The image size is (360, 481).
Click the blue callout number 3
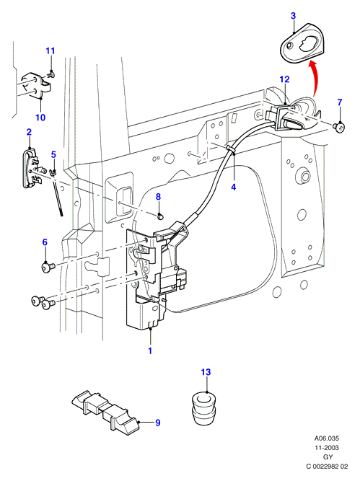click(x=293, y=16)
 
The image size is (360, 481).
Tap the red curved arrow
click(x=315, y=78)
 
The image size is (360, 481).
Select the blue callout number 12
click(x=284, y=79)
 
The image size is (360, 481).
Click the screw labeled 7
click(x=339, y=127)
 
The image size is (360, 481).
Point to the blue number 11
click(x=51, y=50)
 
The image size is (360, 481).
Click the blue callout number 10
click(x=40, y=117)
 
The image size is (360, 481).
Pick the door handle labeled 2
click(x=30, y=167)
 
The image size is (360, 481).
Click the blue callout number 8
click(x=158, y=197)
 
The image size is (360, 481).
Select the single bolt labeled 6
click(x=48, y=267)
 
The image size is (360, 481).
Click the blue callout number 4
click(x=234, y=187)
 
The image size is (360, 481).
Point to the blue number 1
click(x=150, y=350)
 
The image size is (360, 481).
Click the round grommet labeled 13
click(x=203, y=408)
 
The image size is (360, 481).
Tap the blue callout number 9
click(x=158, y=423)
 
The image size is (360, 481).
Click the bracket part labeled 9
click(x=105, y=411)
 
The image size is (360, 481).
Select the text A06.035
click(x=327, y=438)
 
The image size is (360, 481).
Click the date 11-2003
click(x=327, y=448)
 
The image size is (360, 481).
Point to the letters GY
click(x=328, y=457)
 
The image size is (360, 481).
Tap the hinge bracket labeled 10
click(x=38, y=85)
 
